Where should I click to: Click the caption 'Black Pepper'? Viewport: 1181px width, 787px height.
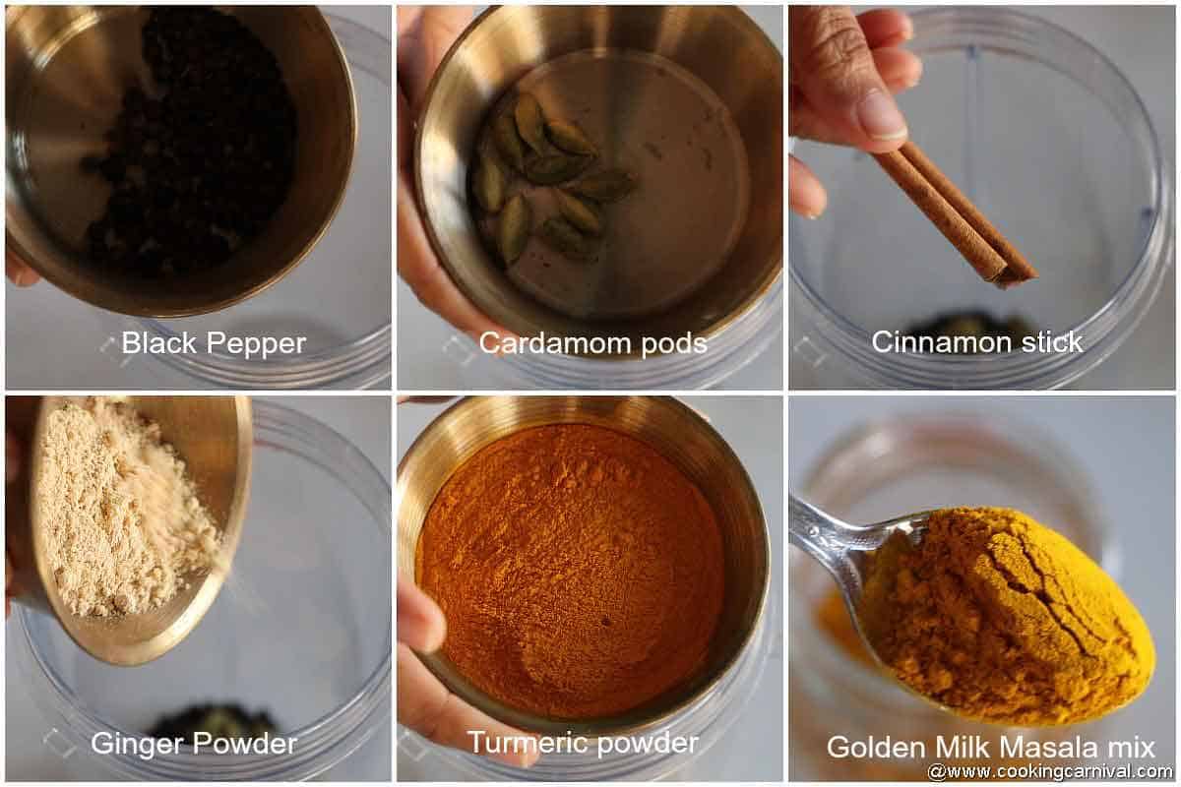click(214, 343)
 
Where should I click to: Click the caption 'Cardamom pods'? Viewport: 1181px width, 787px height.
click(592, 343)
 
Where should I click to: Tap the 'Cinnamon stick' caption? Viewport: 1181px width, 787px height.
click(976, 342)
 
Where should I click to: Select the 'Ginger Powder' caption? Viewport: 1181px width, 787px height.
click(194, 744)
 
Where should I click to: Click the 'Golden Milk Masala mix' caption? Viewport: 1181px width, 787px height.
click(990, 747)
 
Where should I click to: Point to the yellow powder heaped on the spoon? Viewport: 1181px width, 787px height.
click(1004, 610)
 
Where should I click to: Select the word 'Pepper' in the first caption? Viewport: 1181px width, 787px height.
click(258, 344)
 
